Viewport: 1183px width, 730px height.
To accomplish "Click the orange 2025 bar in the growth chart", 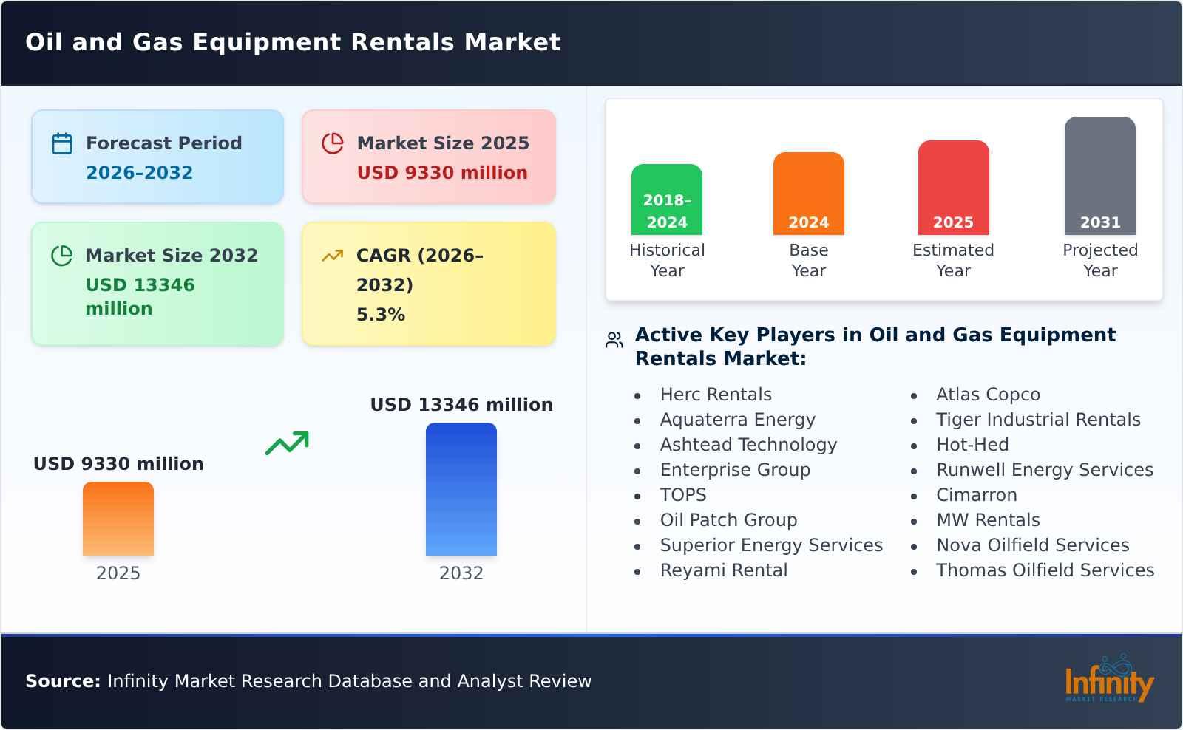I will (x=118, y=519).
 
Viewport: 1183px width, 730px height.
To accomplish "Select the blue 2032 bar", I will (x=461, y=489).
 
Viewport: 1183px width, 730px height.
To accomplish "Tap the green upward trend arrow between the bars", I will (x=287, y=443).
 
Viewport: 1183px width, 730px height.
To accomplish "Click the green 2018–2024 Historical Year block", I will (x=667, y=199).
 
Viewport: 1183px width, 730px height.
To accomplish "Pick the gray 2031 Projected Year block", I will (x=1099, y=176).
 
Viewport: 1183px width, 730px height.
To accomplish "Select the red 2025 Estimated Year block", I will (x=953, y=188).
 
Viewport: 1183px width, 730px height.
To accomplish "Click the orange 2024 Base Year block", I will (x=808, y=194).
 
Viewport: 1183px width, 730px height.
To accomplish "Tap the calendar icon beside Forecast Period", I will (x=62, y=143).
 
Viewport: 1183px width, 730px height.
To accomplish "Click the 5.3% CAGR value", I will (x=381, y=315).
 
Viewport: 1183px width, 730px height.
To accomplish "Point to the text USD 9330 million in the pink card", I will (x=442, y=173).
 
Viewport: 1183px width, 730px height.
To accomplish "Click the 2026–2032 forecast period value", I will (x=139, y=173).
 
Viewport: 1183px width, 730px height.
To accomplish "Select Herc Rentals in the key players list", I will (x=716, y=395).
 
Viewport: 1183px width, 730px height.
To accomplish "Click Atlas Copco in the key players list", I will (x=988, y=395).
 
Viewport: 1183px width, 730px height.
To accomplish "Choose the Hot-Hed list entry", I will (x=972, y=445).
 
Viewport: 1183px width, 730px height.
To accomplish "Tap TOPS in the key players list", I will (x=683, y=495).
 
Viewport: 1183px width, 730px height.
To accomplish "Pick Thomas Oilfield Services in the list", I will (x=1045, y=570).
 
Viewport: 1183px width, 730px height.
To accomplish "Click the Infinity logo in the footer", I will (x=1108, y=681).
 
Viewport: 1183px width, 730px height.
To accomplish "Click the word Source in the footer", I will (x=62, y=681).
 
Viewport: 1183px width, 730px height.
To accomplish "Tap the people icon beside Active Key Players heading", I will (x=614, y=340).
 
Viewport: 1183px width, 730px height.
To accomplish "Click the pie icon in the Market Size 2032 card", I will (x=62, y=256).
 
